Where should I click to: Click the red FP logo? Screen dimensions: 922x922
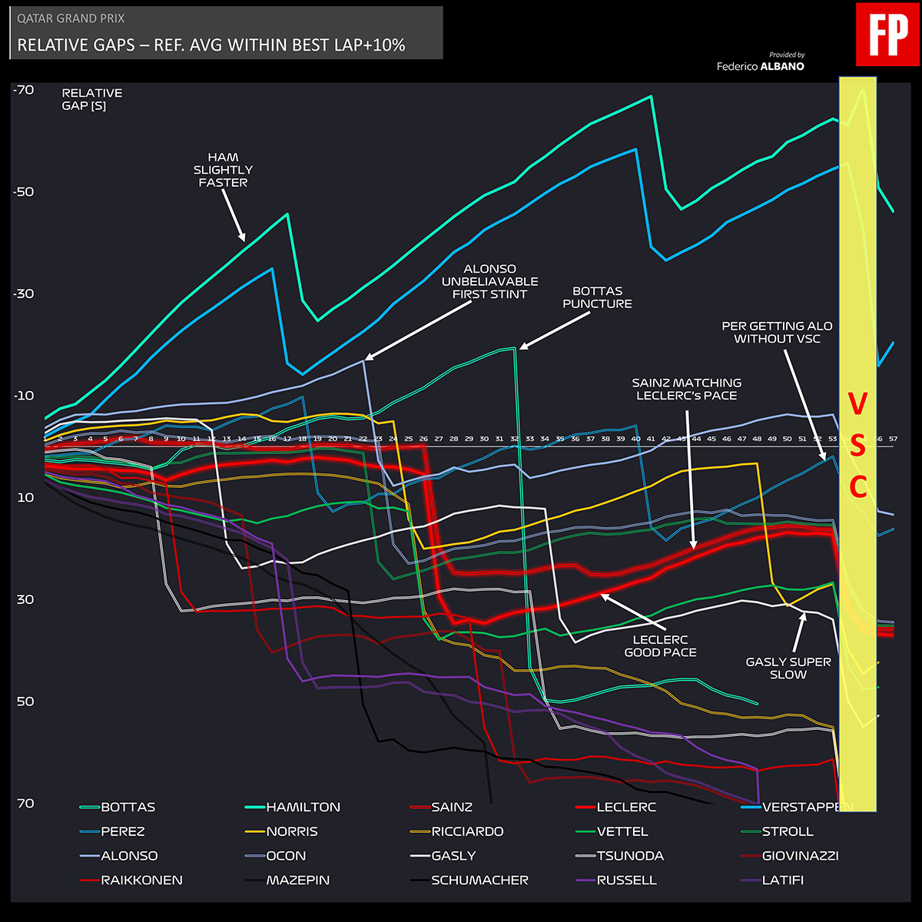887,34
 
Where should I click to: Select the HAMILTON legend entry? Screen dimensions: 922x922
303,807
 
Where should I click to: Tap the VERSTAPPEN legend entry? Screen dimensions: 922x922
807,807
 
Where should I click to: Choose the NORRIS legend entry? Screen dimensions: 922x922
292,831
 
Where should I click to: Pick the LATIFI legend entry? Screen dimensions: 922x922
782,880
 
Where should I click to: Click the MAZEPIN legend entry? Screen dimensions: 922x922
297,880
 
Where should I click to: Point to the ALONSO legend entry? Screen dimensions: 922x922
129,855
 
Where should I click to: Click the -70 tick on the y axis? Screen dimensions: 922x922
24,90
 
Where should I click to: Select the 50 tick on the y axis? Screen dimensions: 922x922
25,701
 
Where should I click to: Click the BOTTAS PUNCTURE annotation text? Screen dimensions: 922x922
597,297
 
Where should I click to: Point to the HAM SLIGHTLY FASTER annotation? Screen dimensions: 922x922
223,170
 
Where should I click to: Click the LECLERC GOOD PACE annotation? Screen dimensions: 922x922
660,645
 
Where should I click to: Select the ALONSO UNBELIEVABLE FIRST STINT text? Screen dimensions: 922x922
489,281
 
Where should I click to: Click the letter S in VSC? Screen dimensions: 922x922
857,445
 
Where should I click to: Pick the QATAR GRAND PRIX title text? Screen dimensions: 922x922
71,18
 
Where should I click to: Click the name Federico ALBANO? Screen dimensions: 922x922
761,66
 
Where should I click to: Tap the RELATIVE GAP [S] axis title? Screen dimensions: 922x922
92,99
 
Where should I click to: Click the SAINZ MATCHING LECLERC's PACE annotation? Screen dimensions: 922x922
686,389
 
